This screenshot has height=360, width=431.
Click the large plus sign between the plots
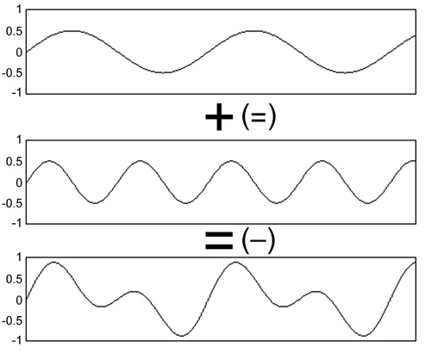[x=219, y=117]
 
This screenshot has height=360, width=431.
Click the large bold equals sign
[x=219, y=240]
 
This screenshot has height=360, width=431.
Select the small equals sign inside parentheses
[x=259, y=117]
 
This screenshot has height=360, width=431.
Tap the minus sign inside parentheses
[x=258, y=240]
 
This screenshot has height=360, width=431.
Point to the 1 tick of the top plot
[x=19, y=10]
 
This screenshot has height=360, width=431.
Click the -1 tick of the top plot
[x=17, y=93]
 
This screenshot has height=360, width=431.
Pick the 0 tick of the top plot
[x=19, y=53]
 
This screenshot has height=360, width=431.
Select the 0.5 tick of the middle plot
[x=14, y=162]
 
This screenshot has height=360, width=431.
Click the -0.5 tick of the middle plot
[x=12, y=204]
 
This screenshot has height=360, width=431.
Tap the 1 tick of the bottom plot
[x=19, y=258]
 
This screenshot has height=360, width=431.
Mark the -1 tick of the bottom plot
[x=17, y=341]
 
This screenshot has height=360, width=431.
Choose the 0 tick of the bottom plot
[x=19, y=301]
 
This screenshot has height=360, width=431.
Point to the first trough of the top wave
[x=163, y=72]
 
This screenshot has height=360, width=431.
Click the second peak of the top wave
[x=254, y=31]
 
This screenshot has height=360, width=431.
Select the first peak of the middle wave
[x=49, y=161]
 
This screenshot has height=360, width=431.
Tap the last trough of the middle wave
[x=367, y=203]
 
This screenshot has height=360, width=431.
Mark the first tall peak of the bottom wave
[x=54, y=262]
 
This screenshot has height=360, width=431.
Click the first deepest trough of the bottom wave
[x=182, y=336]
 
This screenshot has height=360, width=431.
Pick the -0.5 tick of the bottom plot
[x=12, y=321]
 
